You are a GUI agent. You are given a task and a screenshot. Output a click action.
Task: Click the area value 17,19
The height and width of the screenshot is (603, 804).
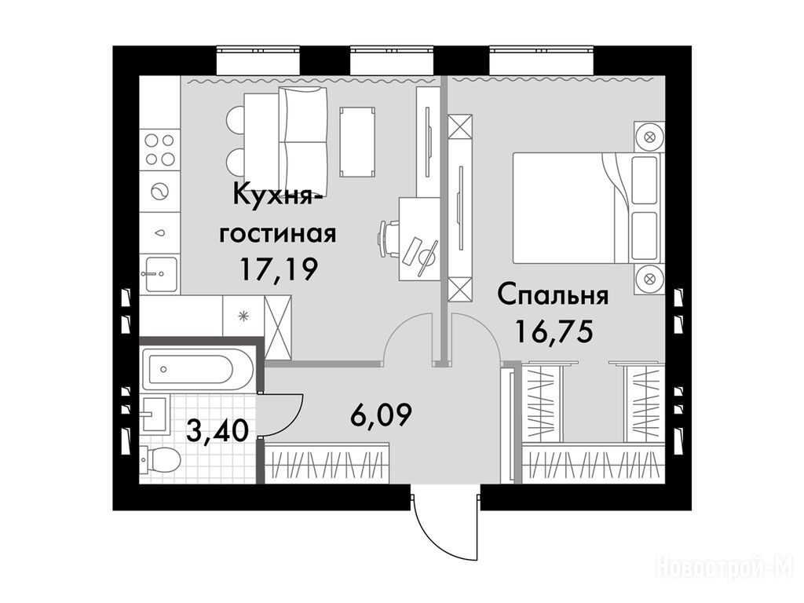tap(280, 269)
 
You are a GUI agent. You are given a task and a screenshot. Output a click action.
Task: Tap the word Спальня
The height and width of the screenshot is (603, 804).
tap(554, 296)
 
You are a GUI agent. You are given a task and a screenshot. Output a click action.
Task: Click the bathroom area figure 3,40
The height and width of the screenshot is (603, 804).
tap(217, 430)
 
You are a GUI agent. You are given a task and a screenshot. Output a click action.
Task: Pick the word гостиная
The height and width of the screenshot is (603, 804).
tap(278, 234)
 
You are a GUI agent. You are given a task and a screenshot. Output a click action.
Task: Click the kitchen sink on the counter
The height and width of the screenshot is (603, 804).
tap(159, 274)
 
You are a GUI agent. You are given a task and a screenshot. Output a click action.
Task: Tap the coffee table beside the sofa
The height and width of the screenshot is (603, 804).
tap(357, 141)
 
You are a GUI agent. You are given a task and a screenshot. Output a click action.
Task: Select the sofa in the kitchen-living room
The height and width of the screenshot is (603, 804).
tap(302, 141)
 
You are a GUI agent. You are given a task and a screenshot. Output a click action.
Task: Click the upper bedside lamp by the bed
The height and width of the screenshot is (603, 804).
tap(649, 137)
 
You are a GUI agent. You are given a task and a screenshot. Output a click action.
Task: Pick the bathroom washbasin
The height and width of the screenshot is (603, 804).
tap(154, 415)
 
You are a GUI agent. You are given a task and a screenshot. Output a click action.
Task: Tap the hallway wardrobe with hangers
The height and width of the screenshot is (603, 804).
tap(327, 465)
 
